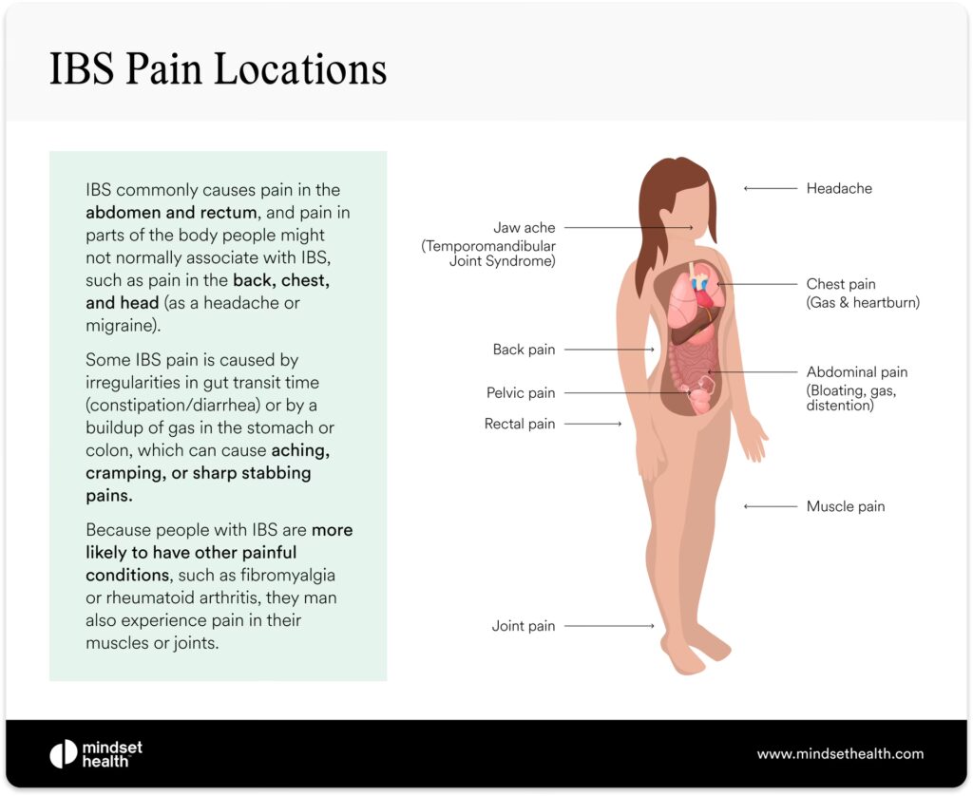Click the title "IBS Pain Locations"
[218, 70]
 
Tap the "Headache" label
[839, 188]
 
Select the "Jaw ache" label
[524, 228]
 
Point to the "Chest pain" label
[841, 284]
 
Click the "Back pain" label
[524, 350]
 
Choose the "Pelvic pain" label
[521, 392]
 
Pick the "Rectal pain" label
[520, 424]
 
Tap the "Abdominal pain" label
[857, 372]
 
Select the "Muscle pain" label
[846, 506]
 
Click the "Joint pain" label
[524, 626]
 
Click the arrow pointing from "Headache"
[770, 188]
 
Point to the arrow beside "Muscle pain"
[770, 506]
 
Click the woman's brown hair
[656, 218]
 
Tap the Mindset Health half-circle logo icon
[63, 754]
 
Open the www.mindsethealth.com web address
[840, 754]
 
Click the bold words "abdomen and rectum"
[171, 213]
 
